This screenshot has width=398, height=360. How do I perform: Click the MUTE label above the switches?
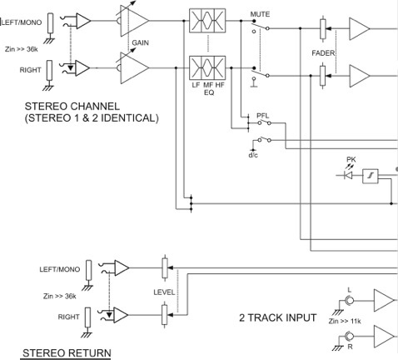[260, 14]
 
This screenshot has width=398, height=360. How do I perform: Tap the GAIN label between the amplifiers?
[141, 42]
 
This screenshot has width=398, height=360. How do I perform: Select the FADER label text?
[323, 53]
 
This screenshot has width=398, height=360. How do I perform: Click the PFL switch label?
[262, 116]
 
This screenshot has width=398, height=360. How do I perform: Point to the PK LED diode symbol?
[348, 175]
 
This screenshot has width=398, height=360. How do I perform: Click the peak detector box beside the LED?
[371, 176]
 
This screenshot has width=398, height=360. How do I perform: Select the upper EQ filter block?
[207, 21]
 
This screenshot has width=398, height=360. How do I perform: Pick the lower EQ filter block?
[207, 67]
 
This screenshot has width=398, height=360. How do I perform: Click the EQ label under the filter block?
[209, 92]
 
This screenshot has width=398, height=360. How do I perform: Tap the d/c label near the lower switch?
[253, 155]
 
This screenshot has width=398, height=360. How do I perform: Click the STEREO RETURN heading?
[67, 353]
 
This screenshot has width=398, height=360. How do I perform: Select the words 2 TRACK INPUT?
[278, 317]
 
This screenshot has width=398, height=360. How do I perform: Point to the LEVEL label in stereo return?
[164, 292]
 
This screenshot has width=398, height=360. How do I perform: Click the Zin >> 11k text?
[345, 322]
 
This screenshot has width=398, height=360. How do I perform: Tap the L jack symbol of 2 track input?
[350, 301]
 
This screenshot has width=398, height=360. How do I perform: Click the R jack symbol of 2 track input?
[350, 337]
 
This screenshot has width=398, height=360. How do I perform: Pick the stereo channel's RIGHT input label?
[30, 70]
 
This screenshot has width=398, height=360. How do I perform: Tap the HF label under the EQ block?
[220, 85]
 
